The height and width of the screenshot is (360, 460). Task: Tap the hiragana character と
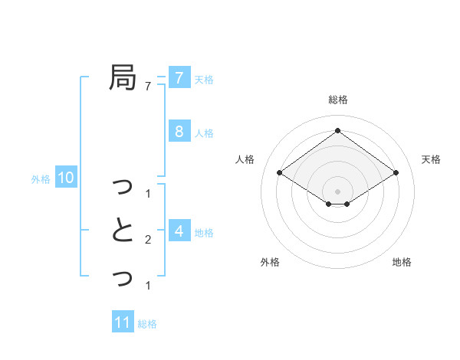(x=123, y=231)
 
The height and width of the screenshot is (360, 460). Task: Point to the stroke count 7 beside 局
(x=148, y=86)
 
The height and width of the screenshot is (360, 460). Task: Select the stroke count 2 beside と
(x=148, y=240)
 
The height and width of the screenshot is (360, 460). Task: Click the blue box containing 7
(x=179, y=77)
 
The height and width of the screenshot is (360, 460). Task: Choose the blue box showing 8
(x=179, y=131)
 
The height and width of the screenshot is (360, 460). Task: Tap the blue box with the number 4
(x=179, y=231)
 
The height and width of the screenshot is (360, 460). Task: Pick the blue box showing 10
(x=66, y=178)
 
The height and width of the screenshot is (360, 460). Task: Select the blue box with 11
(x=123, y=322)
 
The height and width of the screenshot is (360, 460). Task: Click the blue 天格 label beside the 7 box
(x=204, y=80)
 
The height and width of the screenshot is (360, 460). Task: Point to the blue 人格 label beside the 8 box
(x=204, y=133)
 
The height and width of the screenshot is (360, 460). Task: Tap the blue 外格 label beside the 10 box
(x=41, y=180)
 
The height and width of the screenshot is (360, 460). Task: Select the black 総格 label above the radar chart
(x=338, y=100)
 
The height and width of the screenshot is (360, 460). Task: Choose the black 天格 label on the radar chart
(x=431, y=159)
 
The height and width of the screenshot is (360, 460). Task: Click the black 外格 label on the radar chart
(x=270, y=262)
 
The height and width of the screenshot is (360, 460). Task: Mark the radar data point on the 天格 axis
(x=396, y=173)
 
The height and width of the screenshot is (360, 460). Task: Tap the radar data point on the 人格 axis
(x=280, y=173)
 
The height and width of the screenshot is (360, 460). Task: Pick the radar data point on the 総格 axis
(x=338, y=131)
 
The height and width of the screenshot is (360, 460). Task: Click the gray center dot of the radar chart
(x=338, y=191)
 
